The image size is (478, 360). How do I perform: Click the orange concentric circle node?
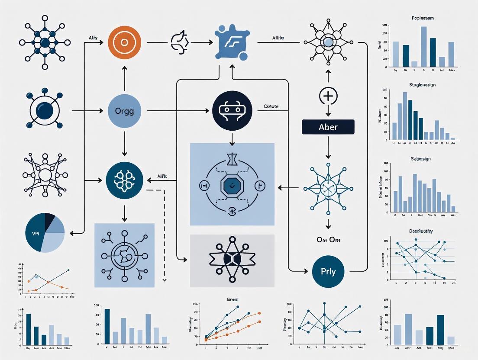click(x=124, y=42)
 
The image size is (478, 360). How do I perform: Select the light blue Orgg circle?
click(x=124, y=111)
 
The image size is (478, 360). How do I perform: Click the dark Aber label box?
click(x=328, y=127)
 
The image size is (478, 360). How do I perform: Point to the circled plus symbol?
click(x=328, y=95)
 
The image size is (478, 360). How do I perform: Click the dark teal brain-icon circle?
click(x=124, y=180)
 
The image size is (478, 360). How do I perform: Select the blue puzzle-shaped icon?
click(x=232, y=43)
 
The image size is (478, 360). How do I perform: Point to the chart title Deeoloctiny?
click(x=421, y=231)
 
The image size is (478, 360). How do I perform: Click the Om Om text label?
click(x=328, y=240)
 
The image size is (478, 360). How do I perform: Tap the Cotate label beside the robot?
click(x=271, y=106)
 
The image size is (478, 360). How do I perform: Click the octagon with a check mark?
click(x=233, y=186)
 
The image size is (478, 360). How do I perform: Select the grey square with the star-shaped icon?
click(x=232, y=261)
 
